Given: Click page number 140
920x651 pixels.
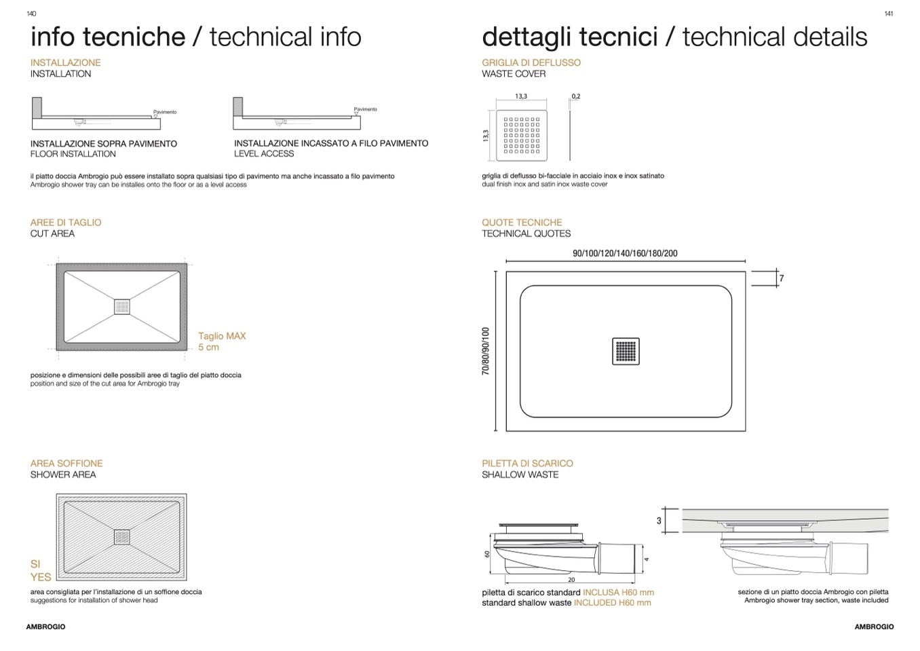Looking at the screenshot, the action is coord(31,14).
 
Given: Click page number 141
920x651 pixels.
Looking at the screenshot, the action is coord(888,14).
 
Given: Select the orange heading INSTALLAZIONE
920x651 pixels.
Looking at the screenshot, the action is coord(65,62).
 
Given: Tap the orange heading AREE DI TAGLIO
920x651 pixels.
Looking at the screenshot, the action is coord(66,223).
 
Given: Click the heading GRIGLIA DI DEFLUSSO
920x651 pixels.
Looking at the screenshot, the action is coord(531,62).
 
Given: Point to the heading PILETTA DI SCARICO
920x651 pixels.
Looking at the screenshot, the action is coord(527,463).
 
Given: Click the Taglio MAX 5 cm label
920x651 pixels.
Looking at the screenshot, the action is coord(222,341).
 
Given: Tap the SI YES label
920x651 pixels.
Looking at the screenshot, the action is coord(41,570).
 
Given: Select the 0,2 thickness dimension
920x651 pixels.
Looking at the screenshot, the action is coord(576,96).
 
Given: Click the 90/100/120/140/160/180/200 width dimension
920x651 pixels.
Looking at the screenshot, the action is coord(625,253).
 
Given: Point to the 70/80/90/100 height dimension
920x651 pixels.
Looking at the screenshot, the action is coord(486,351).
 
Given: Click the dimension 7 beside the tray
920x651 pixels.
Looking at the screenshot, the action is coord(781,278).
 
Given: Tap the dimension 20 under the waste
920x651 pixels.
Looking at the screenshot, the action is coord(571,580).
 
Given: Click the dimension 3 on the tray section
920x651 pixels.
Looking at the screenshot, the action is coord(659,521).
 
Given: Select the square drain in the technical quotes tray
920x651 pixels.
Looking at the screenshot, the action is coord(626,352).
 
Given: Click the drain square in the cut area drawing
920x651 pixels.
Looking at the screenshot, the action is coord(122,307).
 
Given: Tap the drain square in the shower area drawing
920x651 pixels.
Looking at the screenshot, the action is coord(122,537).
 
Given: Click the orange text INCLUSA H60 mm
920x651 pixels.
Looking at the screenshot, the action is coord(618,592).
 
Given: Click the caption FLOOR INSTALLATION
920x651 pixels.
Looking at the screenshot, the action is coord(73,153).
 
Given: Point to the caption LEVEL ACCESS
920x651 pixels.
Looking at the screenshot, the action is coord(264,153).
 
